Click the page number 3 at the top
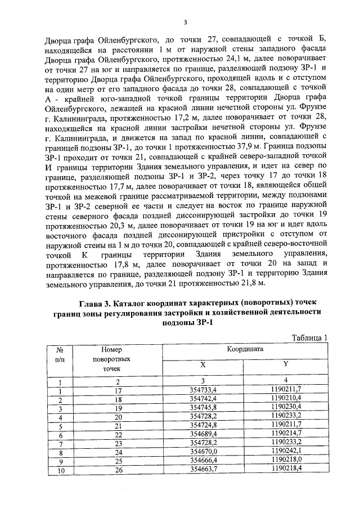click(x=184, y=22)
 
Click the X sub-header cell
click(x=203, y=364)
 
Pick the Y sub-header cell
click(x=286, y=364)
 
